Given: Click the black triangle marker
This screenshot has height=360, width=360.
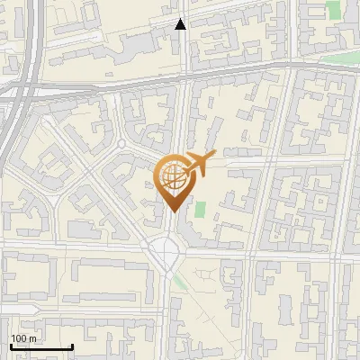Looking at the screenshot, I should [x=181, y=24].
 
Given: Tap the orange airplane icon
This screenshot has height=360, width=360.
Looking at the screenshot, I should [x=199, y=164].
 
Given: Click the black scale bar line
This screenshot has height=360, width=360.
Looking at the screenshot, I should [x=41, y=347].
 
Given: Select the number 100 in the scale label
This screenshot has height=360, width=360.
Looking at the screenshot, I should [x=19, y=338].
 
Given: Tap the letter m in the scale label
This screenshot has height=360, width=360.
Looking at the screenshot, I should [x=32, y=338].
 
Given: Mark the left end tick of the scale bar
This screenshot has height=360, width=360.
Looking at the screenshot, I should [x=11, y=346].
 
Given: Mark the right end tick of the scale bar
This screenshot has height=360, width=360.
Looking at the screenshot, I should [x=72, y=346].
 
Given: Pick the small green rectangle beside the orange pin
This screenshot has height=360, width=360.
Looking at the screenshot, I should [x=200, y=209].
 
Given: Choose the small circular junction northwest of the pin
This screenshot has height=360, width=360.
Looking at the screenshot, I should [x=121, y=144].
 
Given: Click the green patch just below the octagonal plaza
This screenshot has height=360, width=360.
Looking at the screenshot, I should [x=181, y=282].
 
